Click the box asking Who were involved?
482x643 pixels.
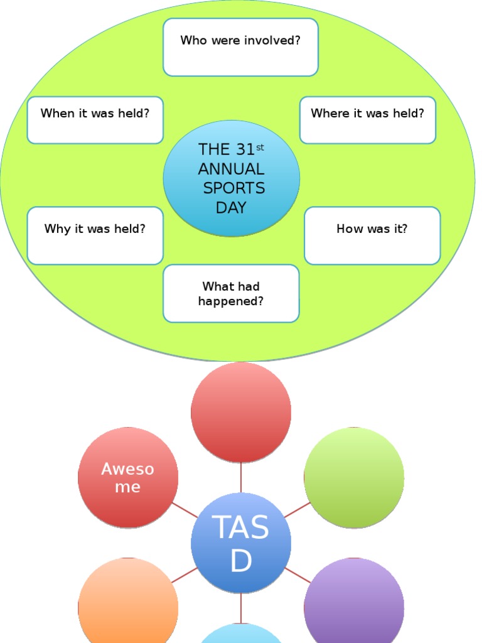pyautogui.click(x=240, y=47)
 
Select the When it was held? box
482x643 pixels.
pyautogui.click(x=95, y=120)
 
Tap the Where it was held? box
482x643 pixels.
pyautogui.click(x=367, y=120)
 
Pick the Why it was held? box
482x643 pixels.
pyautogui.click(x=95, y=235)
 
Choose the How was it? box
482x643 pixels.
pyautogui.click(x=372, y=235)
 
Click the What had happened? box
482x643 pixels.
pyautogui.click(x=231, y=293)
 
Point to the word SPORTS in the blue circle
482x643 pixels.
pyautogui.click(x=233, y=188)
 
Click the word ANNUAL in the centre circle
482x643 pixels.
pyautogui.click(x=231, y=169)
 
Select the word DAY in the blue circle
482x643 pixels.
pyautogui.click(x=231, y=208)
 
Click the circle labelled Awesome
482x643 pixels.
pyautogui.click(x=128, y=478)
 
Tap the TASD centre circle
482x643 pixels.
pyautogui.click(x=241, y=543)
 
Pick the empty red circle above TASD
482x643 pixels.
pyautogui.click(x=241, y=412)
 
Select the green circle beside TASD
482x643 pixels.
pyautogui.click(x=354, y=478)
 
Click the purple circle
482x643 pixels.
pyautogui.click(x=354, y=606)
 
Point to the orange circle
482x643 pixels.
pyautogui.click(x=128, y=606)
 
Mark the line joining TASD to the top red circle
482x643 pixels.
pyautogui.click(x=241, y=478)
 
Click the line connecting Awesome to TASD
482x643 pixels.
pyautogui.click(x=184, y=510)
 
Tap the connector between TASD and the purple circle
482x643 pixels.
pyautogui.click(x=298, y=575)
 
